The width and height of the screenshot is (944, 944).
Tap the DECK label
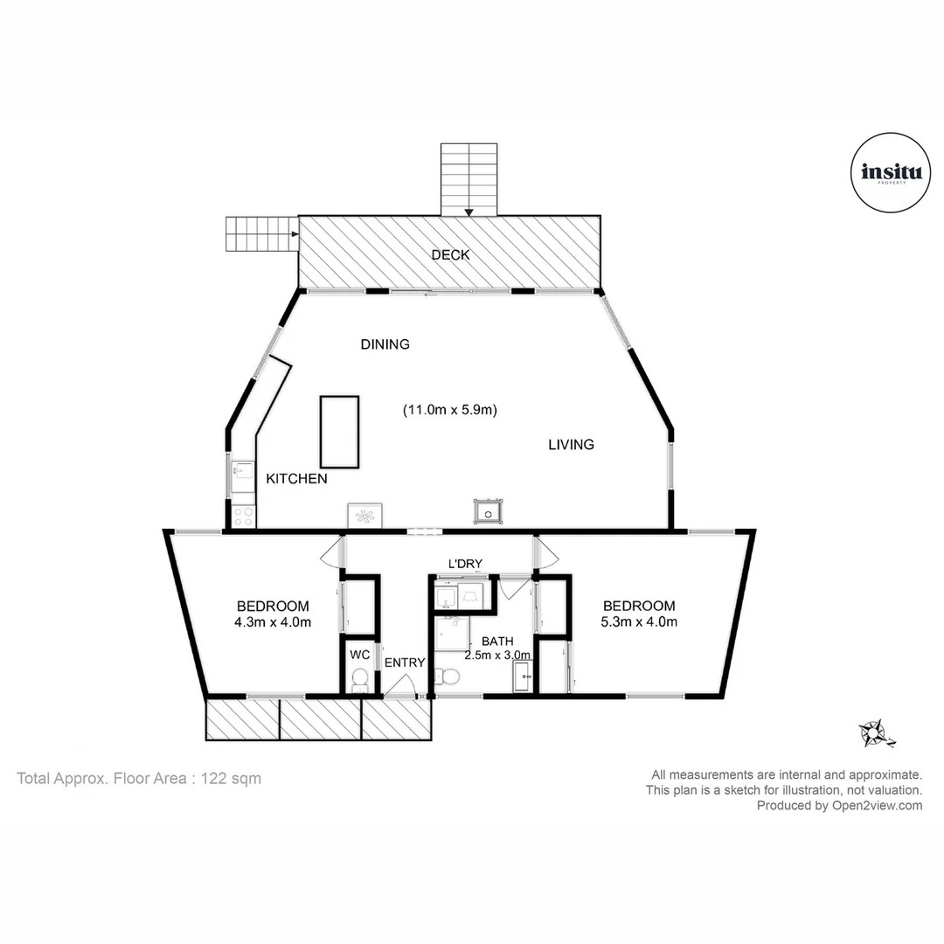[x=450, y=255]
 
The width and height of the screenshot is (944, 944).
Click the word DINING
[x=385, y=344]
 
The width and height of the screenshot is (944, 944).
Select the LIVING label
[x=571, y=445]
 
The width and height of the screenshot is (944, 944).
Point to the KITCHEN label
[x=296, y=479]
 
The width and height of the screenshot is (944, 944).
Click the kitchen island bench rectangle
[x=339, y=431]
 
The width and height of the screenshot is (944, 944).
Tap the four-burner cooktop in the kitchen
[x=243, y=516]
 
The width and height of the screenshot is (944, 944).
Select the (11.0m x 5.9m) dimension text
[x=449, y=409]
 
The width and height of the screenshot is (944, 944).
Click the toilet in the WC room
[x=358, y=680]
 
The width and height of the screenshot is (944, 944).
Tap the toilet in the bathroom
[x=448, y=676]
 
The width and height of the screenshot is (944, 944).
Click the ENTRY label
[x=404, y=663]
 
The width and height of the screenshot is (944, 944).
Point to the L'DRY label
[x=465, y=563]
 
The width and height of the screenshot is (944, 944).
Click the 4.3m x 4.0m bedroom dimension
[x=273, y=622]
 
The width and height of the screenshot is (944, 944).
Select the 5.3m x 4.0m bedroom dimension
[x=639, y=622]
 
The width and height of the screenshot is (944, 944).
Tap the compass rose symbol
[x=875, y=732]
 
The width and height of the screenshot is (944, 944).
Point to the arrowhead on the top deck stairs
[x=469, y=211]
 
